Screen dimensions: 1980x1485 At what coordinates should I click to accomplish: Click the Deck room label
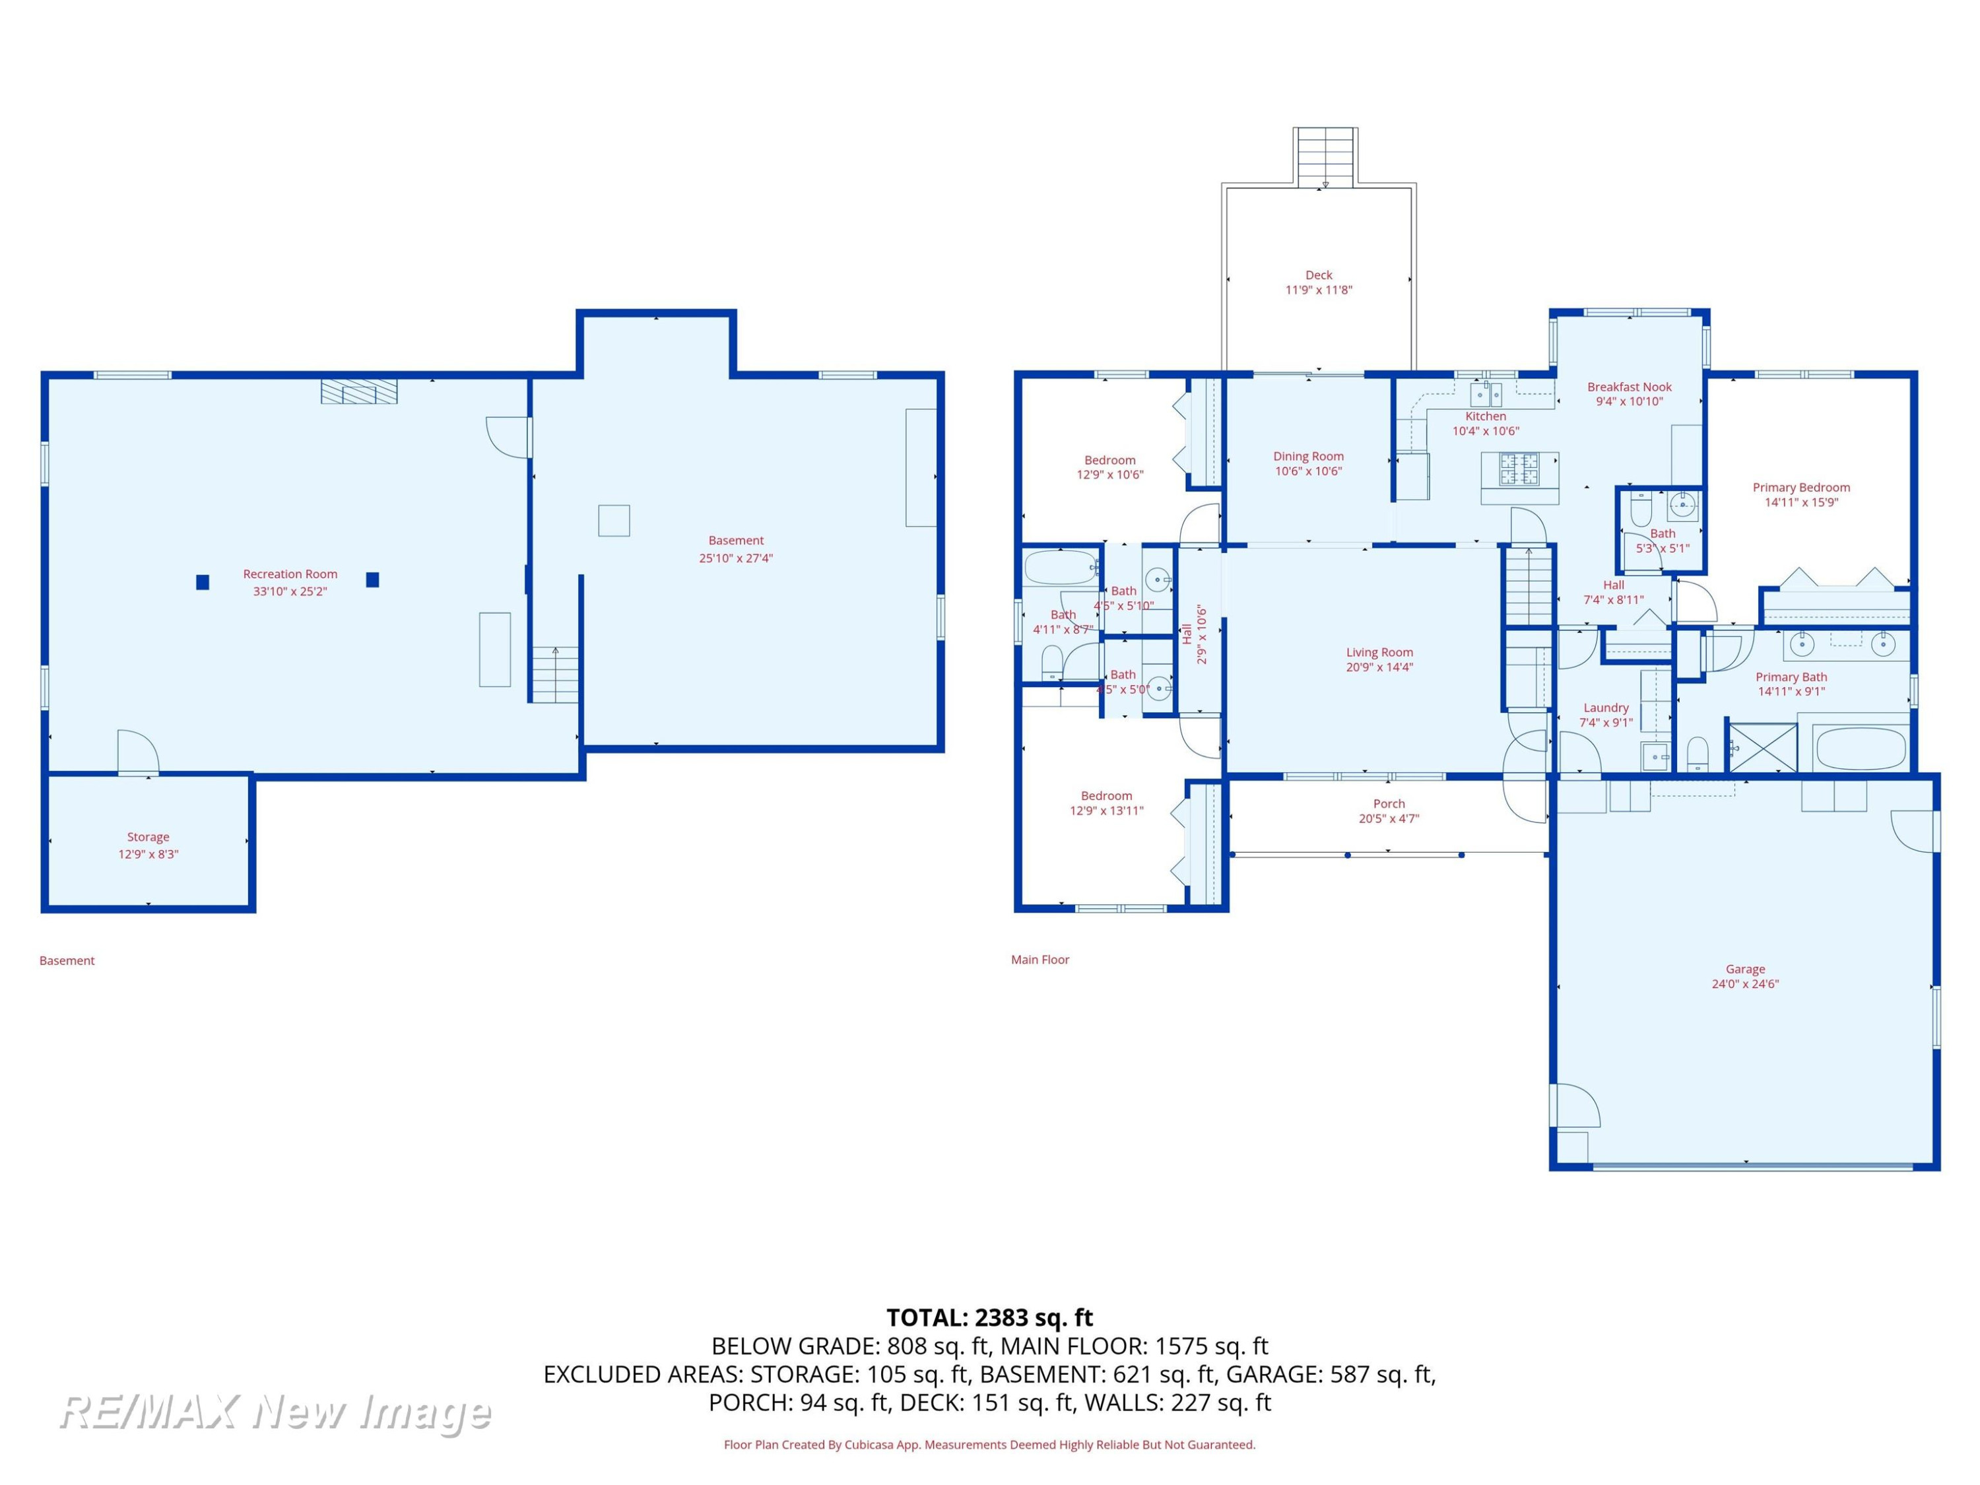(1319, 275)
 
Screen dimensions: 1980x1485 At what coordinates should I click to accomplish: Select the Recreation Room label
(290, 574)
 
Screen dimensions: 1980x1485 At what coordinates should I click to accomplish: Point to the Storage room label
(148, 837)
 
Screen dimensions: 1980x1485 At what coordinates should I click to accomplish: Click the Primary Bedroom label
(1801, 487)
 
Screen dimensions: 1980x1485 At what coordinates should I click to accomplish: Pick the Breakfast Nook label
(1629, 387)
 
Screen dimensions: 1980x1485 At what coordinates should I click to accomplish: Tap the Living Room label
(1379, 653)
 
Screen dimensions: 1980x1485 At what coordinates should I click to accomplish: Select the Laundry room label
(1606, 707)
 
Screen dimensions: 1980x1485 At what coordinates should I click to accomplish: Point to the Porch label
(1389, 804)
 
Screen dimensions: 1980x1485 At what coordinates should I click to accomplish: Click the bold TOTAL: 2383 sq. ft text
(989, 1317)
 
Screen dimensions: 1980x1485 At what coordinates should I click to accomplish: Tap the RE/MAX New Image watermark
(275, 1412)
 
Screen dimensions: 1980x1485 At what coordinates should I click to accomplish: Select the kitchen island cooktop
(1519, 469)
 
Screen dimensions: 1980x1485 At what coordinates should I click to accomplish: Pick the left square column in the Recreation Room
(203, 582)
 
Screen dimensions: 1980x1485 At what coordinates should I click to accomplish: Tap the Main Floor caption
(1040, 960)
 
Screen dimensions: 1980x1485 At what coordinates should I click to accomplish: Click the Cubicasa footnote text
(989, 1444)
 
